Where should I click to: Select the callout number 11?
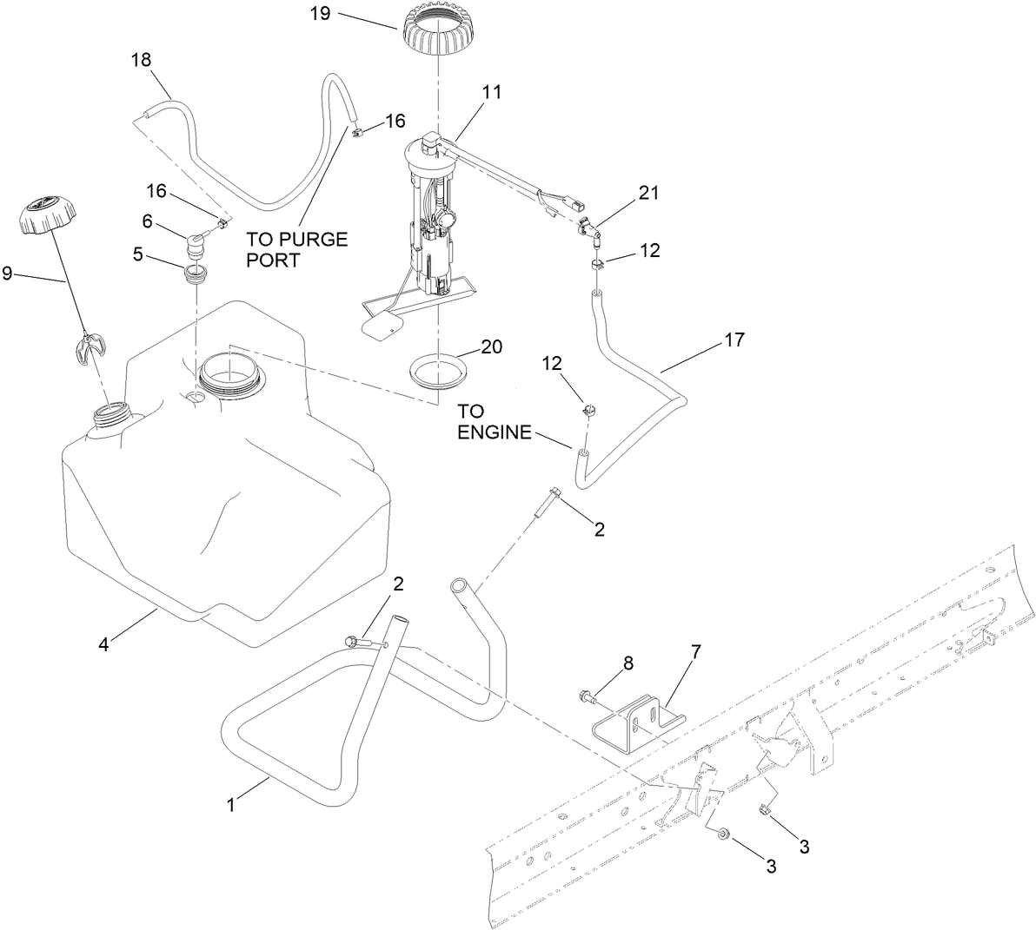[x=492, y=91]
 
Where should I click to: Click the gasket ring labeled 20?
[x=438, y=371]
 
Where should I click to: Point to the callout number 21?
[x=647, y=194]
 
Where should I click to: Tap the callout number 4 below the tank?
[x=103, y=645]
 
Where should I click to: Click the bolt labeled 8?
[x=586, y=696]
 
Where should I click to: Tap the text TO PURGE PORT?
[x=296, y=249]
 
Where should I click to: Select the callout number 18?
[x=141, y=60]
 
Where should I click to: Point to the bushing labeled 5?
[x=196, y=275]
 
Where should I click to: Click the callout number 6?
[x=147, y=222]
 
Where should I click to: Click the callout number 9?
[x=8, y=274]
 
